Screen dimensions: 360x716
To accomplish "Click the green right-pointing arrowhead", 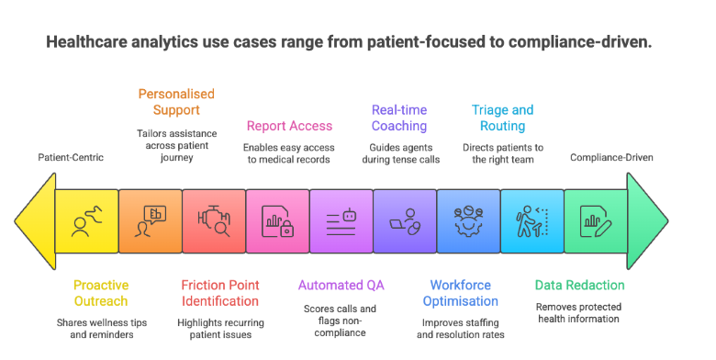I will point(646,222).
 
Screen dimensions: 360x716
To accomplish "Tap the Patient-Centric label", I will point(71,157).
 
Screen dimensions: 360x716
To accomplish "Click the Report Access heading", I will point(289,126).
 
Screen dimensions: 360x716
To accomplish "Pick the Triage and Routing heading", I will point(502,118).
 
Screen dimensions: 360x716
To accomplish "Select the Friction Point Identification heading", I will point(220,293).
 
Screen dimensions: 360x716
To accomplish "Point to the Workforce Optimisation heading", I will point(464,293).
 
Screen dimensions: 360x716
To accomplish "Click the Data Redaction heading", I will point(579,285).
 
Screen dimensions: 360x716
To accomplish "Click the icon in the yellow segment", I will point(86,222).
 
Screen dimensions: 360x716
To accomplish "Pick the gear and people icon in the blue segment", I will point(468,222).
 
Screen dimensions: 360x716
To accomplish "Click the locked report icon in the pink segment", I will point(277,222).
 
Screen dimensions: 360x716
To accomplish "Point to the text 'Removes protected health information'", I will point(579,312).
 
